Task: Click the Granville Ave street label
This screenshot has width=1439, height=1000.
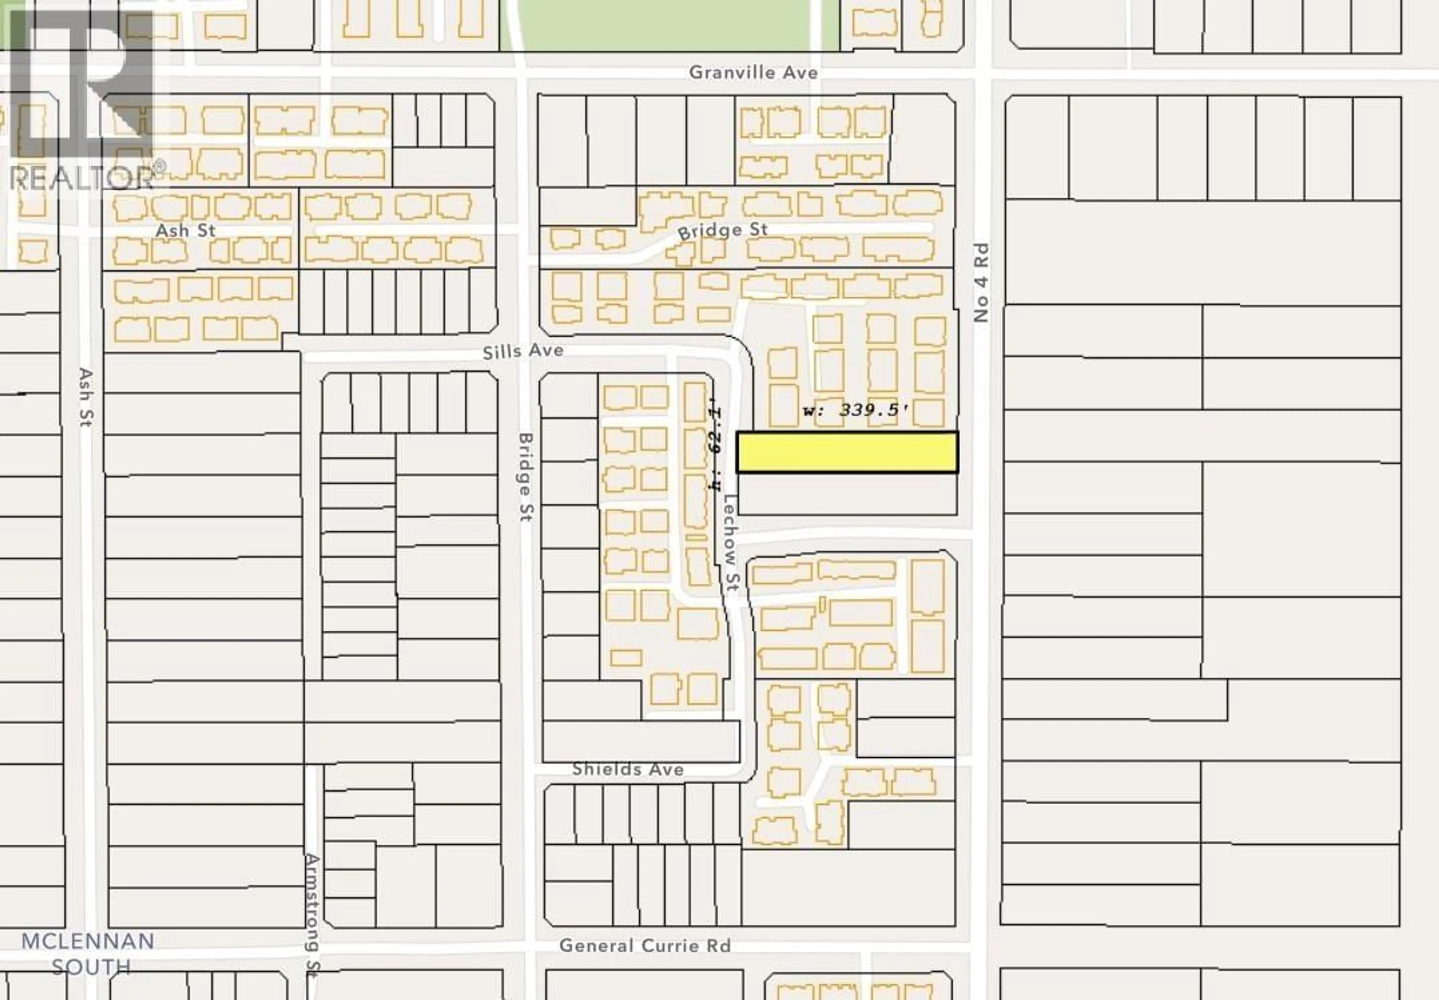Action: tap(753, 73)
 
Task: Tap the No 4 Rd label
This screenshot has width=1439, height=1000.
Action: tap(981, 283)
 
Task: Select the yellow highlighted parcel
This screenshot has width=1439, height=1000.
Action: tap(847, 452)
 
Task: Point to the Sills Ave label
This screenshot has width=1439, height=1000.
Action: tap(523, 351)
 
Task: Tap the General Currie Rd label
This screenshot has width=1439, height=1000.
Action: tap(645, 946)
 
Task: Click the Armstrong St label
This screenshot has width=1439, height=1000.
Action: tap(312, 915)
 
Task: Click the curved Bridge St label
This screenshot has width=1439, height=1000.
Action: tap(722, 231)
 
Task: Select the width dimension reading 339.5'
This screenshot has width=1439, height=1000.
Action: tap(856, 411)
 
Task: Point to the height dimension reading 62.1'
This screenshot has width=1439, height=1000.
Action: tap(715, 448)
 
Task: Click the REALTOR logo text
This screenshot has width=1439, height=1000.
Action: tap(81, 178)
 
